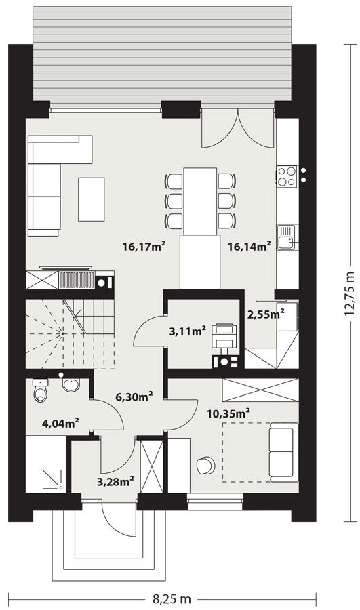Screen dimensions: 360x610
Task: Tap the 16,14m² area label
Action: (x=249, y=246)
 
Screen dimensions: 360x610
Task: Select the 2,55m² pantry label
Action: (x=266, y=314)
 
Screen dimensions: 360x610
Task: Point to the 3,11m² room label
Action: (x=187, y=331)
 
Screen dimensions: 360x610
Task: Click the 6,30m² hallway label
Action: (x=134, y=396)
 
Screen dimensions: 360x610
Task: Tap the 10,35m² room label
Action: (x=228, y=413)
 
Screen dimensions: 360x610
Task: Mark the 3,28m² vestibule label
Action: (x=115, y=482)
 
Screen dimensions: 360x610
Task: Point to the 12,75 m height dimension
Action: (x=350, y=293)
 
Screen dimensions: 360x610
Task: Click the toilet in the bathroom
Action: (x=40, y=390)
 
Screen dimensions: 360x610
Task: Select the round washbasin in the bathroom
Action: (x=71, y=385)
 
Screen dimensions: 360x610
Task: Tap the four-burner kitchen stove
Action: (x=287, y=176)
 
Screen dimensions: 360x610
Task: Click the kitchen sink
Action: (x=287, y=238)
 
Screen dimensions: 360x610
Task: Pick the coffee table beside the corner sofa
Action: (x=91, y=199)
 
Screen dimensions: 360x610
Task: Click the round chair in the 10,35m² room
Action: (x=205, y=465)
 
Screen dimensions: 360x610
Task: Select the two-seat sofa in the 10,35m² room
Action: (x=283, y=452)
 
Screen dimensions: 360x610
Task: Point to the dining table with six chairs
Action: (x=200, y=201)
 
